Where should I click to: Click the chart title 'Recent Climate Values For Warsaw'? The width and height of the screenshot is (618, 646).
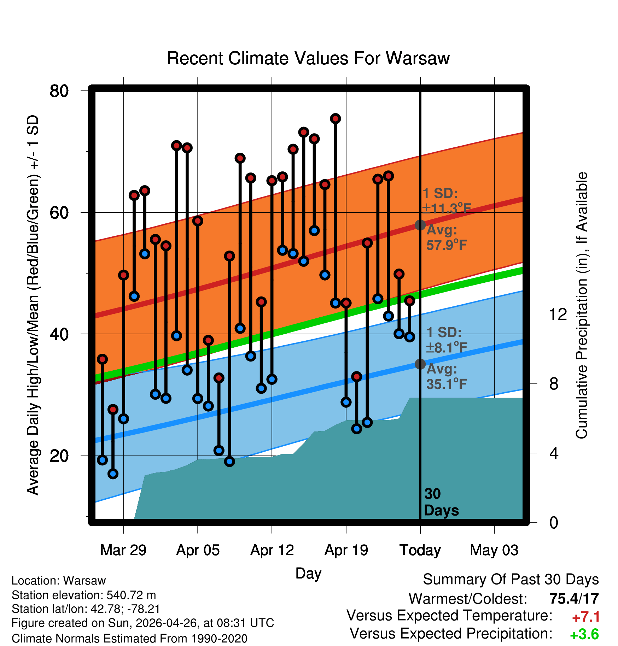(x=308, y=58)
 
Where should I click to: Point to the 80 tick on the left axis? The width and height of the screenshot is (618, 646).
(x=59, y=91)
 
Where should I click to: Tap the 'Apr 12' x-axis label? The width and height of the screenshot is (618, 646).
(x=272, y=550)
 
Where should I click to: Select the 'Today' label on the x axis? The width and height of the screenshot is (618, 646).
(x=420, y=550)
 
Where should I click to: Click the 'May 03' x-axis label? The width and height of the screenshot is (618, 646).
(x=494, y=550)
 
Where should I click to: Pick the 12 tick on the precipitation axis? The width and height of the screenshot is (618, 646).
(x=558, y=314)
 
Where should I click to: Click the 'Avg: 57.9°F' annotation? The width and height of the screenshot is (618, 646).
(x=447, y=237)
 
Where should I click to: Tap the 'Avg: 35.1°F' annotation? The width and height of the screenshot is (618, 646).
(x=447, y=376)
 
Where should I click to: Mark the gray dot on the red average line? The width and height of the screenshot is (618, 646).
(x=420, y=225)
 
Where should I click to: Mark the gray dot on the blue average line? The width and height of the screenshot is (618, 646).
(x=420, y=364)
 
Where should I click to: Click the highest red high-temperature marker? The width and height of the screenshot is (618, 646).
(x=336, y=118)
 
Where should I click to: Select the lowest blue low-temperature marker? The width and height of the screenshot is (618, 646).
(x=113, y=474)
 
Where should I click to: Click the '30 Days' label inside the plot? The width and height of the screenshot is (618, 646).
(x=441, y=502)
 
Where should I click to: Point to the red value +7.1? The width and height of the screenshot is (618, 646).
(x=586, y=617)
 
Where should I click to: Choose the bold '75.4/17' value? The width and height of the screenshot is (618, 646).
(x=574, y=599)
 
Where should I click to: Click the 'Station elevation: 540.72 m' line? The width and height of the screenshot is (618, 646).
(x=84, y=595)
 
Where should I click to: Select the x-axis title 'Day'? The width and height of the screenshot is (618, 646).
(x=308, y=573)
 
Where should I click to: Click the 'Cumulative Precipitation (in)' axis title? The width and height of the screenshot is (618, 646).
(x=582, y=305)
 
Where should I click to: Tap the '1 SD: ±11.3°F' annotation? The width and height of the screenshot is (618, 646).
(x=447, y=201)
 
